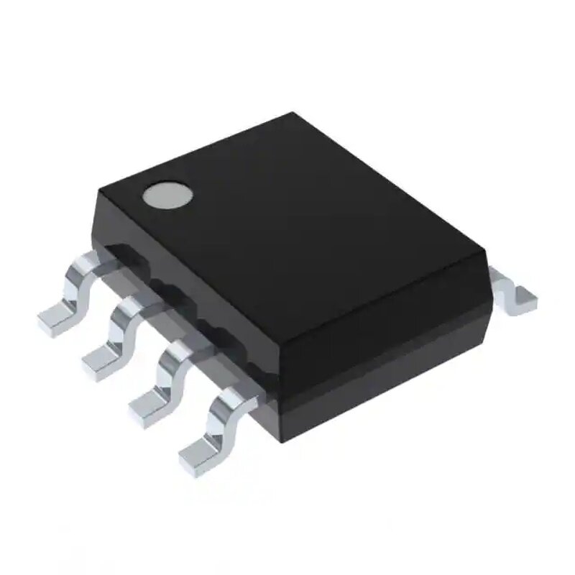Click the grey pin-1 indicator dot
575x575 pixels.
[168, 195]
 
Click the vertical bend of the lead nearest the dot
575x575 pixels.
[79, 284]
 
